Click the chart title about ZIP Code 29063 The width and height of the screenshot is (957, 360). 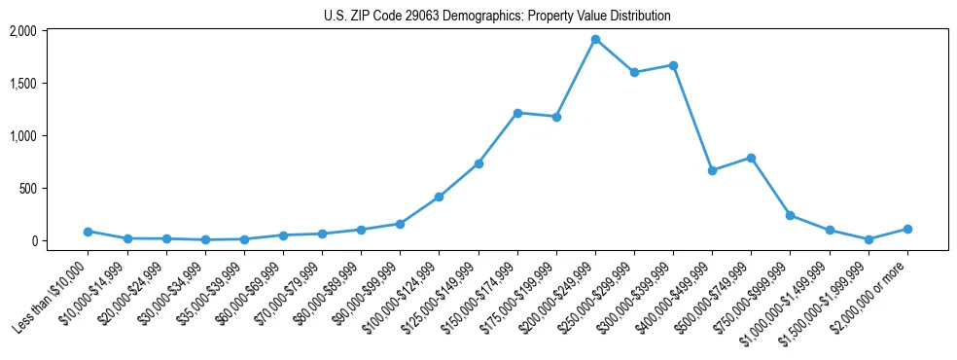[497, 17]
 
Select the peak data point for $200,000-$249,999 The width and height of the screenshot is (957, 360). [595, 40]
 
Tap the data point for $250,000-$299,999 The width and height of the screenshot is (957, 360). [634, 72]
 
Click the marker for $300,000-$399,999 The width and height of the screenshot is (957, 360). [673, 65]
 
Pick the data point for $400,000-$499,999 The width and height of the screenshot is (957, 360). [712, 170]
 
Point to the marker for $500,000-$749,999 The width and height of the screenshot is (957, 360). [751, 158]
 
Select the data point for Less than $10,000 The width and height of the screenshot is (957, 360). [88, 232]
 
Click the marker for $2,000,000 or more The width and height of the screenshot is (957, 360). [907, 229]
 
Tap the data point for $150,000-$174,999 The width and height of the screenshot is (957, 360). [517, 113]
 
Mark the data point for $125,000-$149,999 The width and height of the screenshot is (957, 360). [478, 163]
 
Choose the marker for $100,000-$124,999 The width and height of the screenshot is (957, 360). [440, 197]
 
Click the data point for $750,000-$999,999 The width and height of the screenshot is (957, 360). [790, 215]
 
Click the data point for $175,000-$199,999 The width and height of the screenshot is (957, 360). [556, 117]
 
